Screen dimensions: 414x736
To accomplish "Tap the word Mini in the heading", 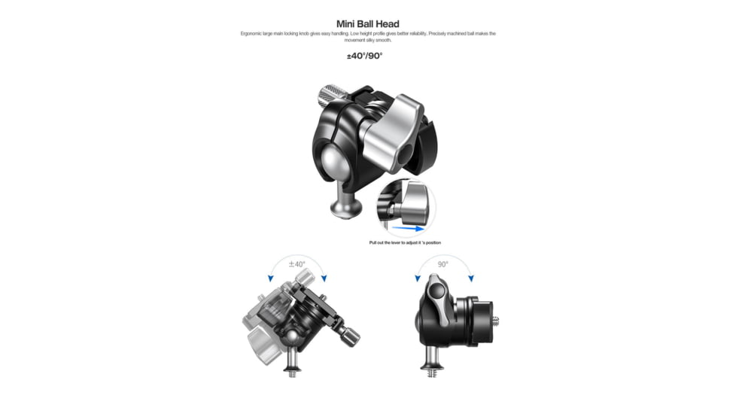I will click(x=347, y=23).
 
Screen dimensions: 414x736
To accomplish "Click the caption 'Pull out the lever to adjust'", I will click(x=405, y=242).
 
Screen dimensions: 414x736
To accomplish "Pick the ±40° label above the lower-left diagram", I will click(x=297, y=264).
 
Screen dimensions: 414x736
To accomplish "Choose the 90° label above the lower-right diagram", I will click(x=443, y=264).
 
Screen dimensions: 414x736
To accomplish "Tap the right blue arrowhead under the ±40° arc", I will click(x=324, y=279).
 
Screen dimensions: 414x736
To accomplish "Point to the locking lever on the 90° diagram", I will click(x=436, y=297).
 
